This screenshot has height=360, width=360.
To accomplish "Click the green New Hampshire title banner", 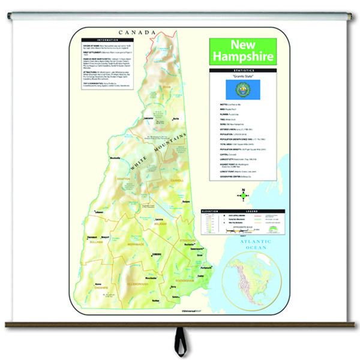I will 243,52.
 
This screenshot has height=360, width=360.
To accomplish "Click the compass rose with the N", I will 244,193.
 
